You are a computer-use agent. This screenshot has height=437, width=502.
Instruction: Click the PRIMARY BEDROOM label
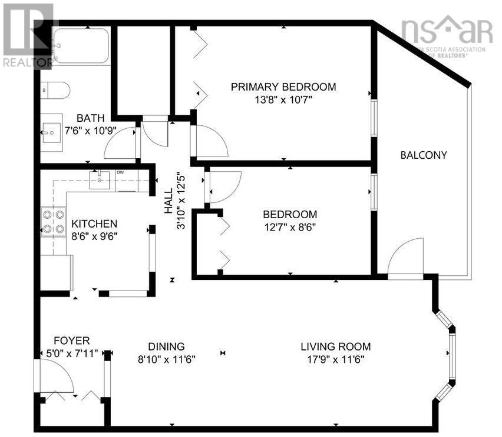click(x=283, y=87)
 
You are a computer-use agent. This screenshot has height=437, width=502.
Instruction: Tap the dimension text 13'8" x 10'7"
click(x=283, y=99)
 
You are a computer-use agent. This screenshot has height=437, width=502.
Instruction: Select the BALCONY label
click(x=423, y=156)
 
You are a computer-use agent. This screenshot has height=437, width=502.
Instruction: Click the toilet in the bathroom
click(x=55, y=90)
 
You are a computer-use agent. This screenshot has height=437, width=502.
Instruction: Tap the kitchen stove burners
click(x=53, y=221)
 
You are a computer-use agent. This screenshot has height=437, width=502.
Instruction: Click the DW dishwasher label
click(x=120, y=172)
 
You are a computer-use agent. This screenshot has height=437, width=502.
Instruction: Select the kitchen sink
click(x=100, y=179)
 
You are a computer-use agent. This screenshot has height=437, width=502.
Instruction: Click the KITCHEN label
click(x=94, y=224)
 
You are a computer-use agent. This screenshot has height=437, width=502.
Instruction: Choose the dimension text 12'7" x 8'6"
click(x=289, y=227)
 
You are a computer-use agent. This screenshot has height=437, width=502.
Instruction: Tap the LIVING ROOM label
click(x=336, y=346)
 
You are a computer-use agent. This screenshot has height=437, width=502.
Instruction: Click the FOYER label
click(x=71, y=341)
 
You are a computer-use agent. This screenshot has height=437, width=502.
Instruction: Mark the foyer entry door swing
click(x=56, y=376)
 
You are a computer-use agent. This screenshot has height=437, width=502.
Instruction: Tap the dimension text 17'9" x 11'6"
click(x=336, y=359)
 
